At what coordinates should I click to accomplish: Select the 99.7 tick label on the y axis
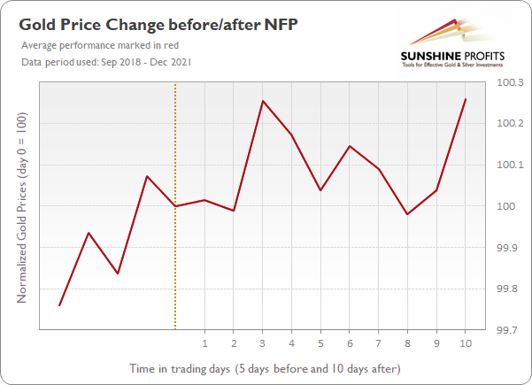click(x=511, y=330)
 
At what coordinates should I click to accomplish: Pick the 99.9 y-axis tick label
click(x=511, y=248)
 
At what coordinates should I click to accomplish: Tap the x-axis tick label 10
click(x=466, y=343)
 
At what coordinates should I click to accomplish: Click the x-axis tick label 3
click(x=263, y=343)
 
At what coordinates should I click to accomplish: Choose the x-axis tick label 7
click(x=379, y=343)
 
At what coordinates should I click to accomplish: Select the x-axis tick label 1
click(x=204, y=343)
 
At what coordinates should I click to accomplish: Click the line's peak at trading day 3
click(x=263, y=101)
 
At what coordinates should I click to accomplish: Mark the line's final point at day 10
click(x=466, y=99)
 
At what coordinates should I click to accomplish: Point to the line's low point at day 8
click(x=407, y=214)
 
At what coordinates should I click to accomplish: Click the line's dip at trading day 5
click(x=320, y=190)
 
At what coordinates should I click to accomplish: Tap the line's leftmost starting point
click(x=59, y=305)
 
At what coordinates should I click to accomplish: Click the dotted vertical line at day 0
click(x=175, y=266)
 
